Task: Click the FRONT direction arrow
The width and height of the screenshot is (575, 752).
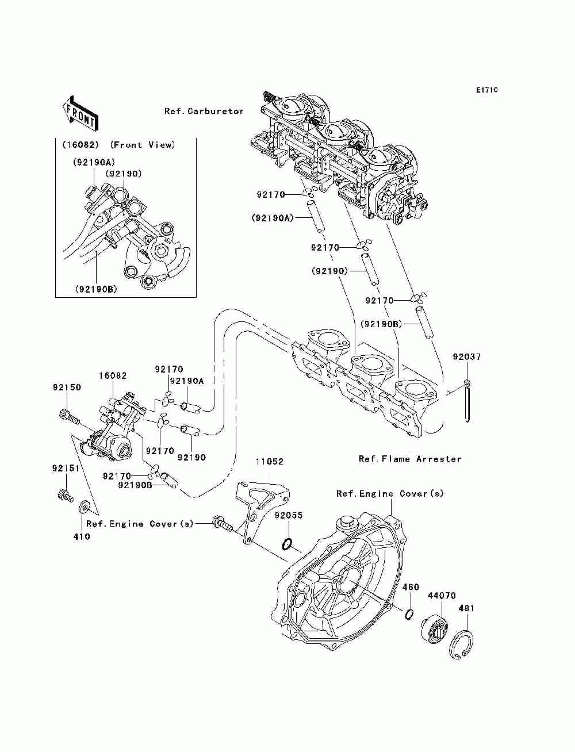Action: click(x=80, y=113)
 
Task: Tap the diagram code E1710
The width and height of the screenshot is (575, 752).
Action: click(x=486, y=90)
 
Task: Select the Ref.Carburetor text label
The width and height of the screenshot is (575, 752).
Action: click(x=204, y=111)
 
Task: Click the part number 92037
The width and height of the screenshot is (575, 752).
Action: click(x=467, y=356)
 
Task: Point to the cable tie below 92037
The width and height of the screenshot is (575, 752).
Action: click(x=467, y=401)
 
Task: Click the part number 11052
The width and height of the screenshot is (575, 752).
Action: click(x=269, y=462)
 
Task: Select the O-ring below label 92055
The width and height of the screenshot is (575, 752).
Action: click(x=287, y=544)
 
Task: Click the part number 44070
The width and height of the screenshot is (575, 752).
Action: click(x=442, y=596)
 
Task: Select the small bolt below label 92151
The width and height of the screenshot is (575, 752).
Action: click(x=65, y=496)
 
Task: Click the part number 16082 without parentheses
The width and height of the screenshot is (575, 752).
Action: click(x=113, y=375)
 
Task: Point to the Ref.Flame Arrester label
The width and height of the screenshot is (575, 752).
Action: click(x=410, y=459)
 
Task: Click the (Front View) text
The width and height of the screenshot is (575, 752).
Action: click(x=143, y=145)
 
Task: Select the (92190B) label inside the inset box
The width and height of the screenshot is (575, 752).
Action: click(x=96, y=289)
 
